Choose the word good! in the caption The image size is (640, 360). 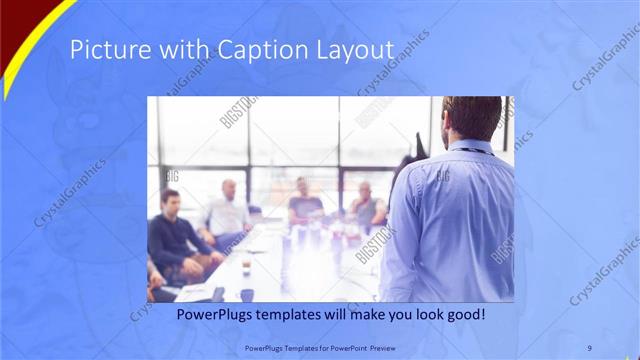(465, 314)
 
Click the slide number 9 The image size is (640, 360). (589, 347)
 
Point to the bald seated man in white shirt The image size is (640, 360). (229, 210)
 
